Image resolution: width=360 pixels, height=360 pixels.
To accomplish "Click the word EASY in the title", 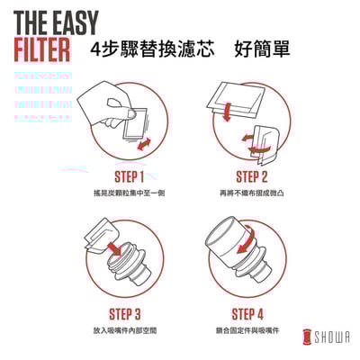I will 65,20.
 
